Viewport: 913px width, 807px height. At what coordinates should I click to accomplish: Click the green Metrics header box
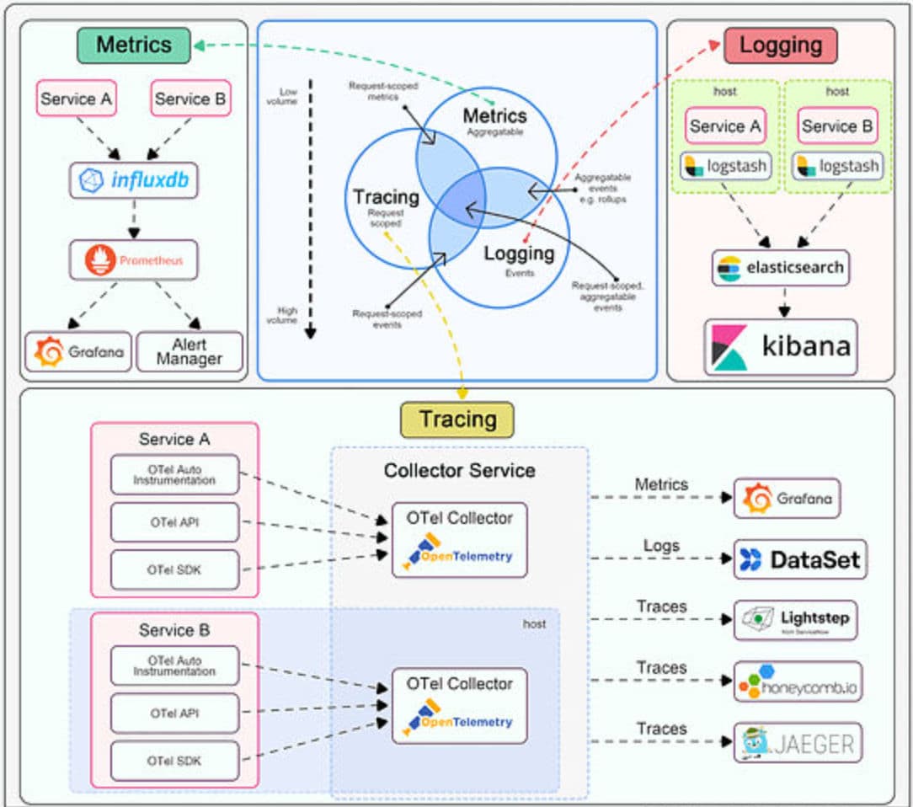click(x=133, y=45)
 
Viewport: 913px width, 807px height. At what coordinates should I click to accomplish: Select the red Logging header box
click(x=780, y=45)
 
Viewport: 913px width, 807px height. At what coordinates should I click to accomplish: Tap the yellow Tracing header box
click(x=456, y=420)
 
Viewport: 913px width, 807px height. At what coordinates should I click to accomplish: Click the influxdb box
click(x=133, y=180)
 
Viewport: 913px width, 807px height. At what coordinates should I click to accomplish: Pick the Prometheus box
click(x=133, y=260)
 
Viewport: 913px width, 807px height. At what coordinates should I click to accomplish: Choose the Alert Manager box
click(x=189, y=351)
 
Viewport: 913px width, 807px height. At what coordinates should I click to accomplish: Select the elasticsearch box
click(x=780, y=268)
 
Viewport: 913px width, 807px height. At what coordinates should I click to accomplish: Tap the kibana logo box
click(x=780, y=346)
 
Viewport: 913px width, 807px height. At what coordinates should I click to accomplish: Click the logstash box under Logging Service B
click(x=837, y=166)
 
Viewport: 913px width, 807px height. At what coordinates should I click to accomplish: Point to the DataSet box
click(x=799, y=559)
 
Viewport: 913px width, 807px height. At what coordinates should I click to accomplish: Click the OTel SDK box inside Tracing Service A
click(x=175, y=569)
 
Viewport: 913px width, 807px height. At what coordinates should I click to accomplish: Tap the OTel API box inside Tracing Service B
click(x=175, y=713)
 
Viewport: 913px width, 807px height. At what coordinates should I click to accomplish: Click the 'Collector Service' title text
click(x=459, y=470)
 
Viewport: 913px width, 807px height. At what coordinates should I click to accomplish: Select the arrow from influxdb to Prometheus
click(x=133, y=221)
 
